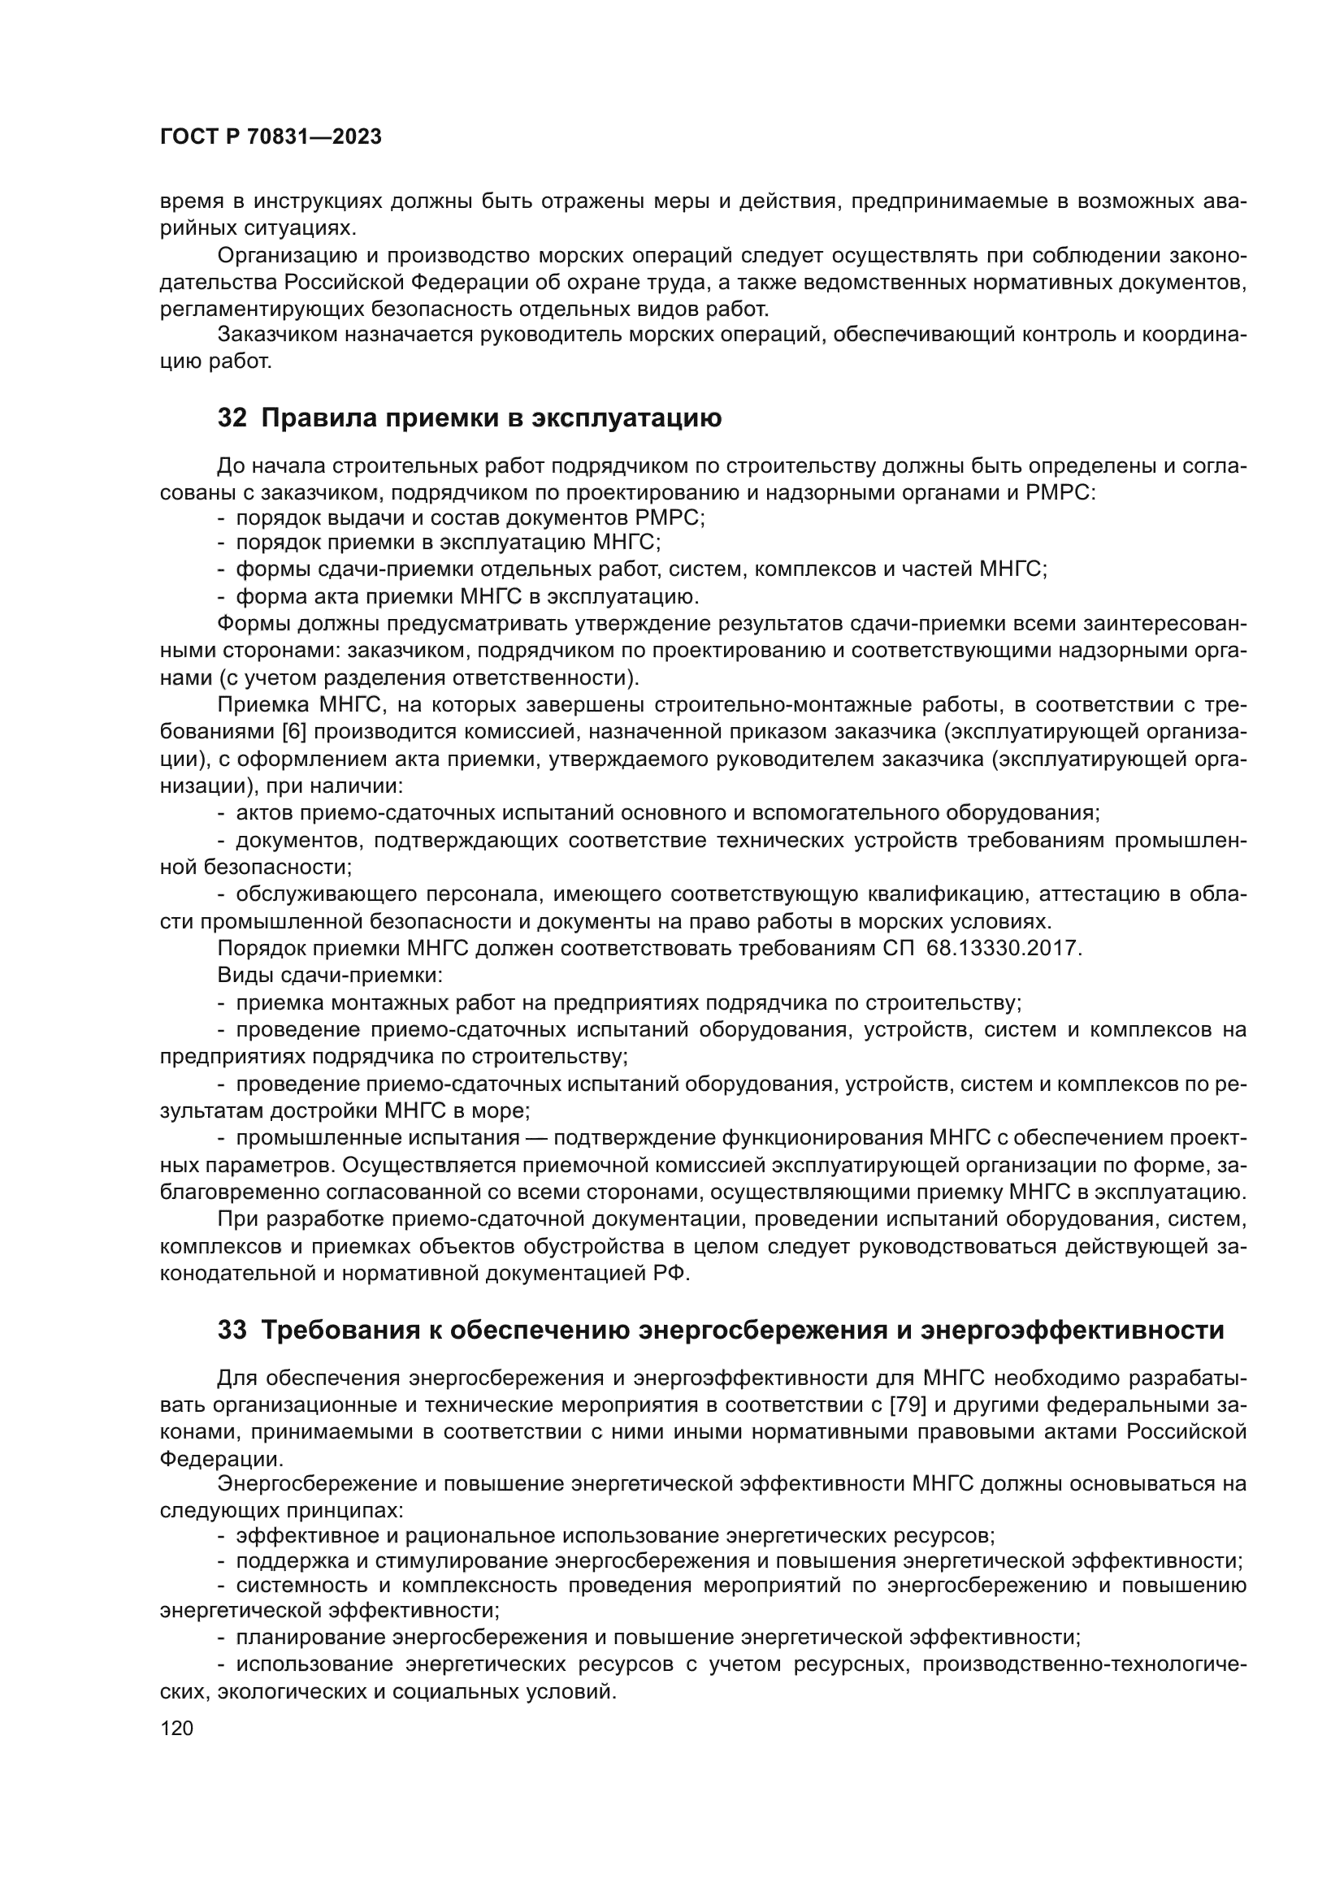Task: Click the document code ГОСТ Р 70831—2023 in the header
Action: coord(271,137)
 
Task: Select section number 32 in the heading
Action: coord(232,418)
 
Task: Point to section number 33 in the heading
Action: coord(232,1331)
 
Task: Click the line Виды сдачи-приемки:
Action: coord(329,976)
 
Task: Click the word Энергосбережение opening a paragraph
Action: coord(327,1485)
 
